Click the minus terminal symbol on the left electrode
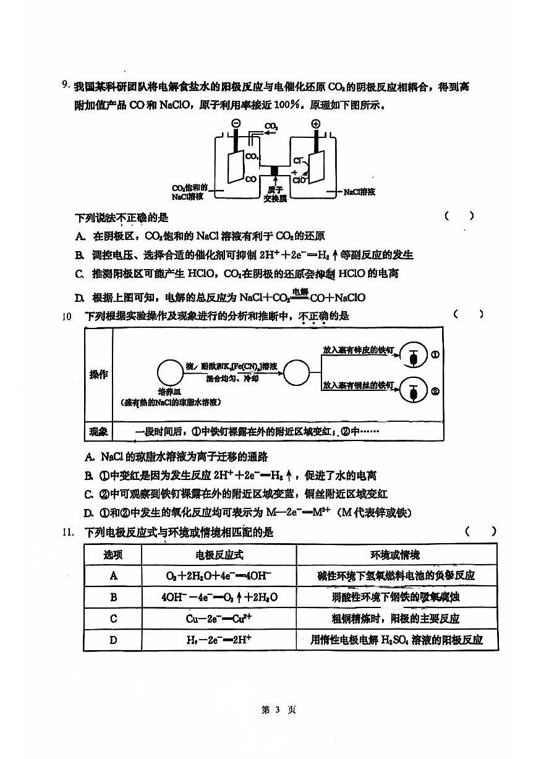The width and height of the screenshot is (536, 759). pos(236,124)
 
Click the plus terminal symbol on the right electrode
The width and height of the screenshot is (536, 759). pos(316,124)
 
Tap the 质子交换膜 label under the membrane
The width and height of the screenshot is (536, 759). pos(275,194)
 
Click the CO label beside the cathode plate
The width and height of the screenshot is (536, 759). pos(251,179)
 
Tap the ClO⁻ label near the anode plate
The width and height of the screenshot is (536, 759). pos(300,180)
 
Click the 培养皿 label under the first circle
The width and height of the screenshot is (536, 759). pos(169,392)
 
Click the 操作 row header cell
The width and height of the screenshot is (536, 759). pos(98,375)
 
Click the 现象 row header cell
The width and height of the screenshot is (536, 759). pos(98,432)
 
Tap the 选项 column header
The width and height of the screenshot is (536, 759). pos(113,554)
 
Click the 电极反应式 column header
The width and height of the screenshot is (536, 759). pos(219,554)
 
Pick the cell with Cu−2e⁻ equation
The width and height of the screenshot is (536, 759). pos(219,618)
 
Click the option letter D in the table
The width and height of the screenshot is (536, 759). pos(113,640)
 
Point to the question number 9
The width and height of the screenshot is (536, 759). pos(65,86)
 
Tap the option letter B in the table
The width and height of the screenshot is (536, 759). pos(113,597)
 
